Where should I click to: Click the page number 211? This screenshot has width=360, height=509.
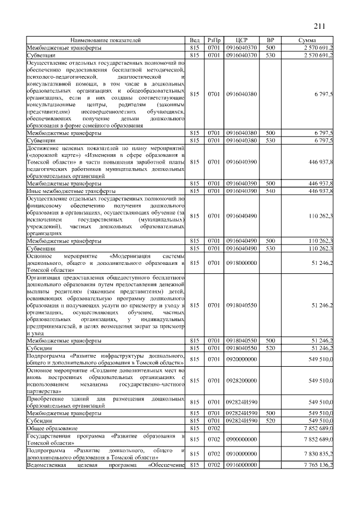[321, 25]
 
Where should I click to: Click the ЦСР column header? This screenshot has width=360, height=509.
[242, 40]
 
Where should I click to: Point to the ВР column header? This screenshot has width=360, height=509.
[270, 40]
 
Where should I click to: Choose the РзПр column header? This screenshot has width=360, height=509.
[214, 40]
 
